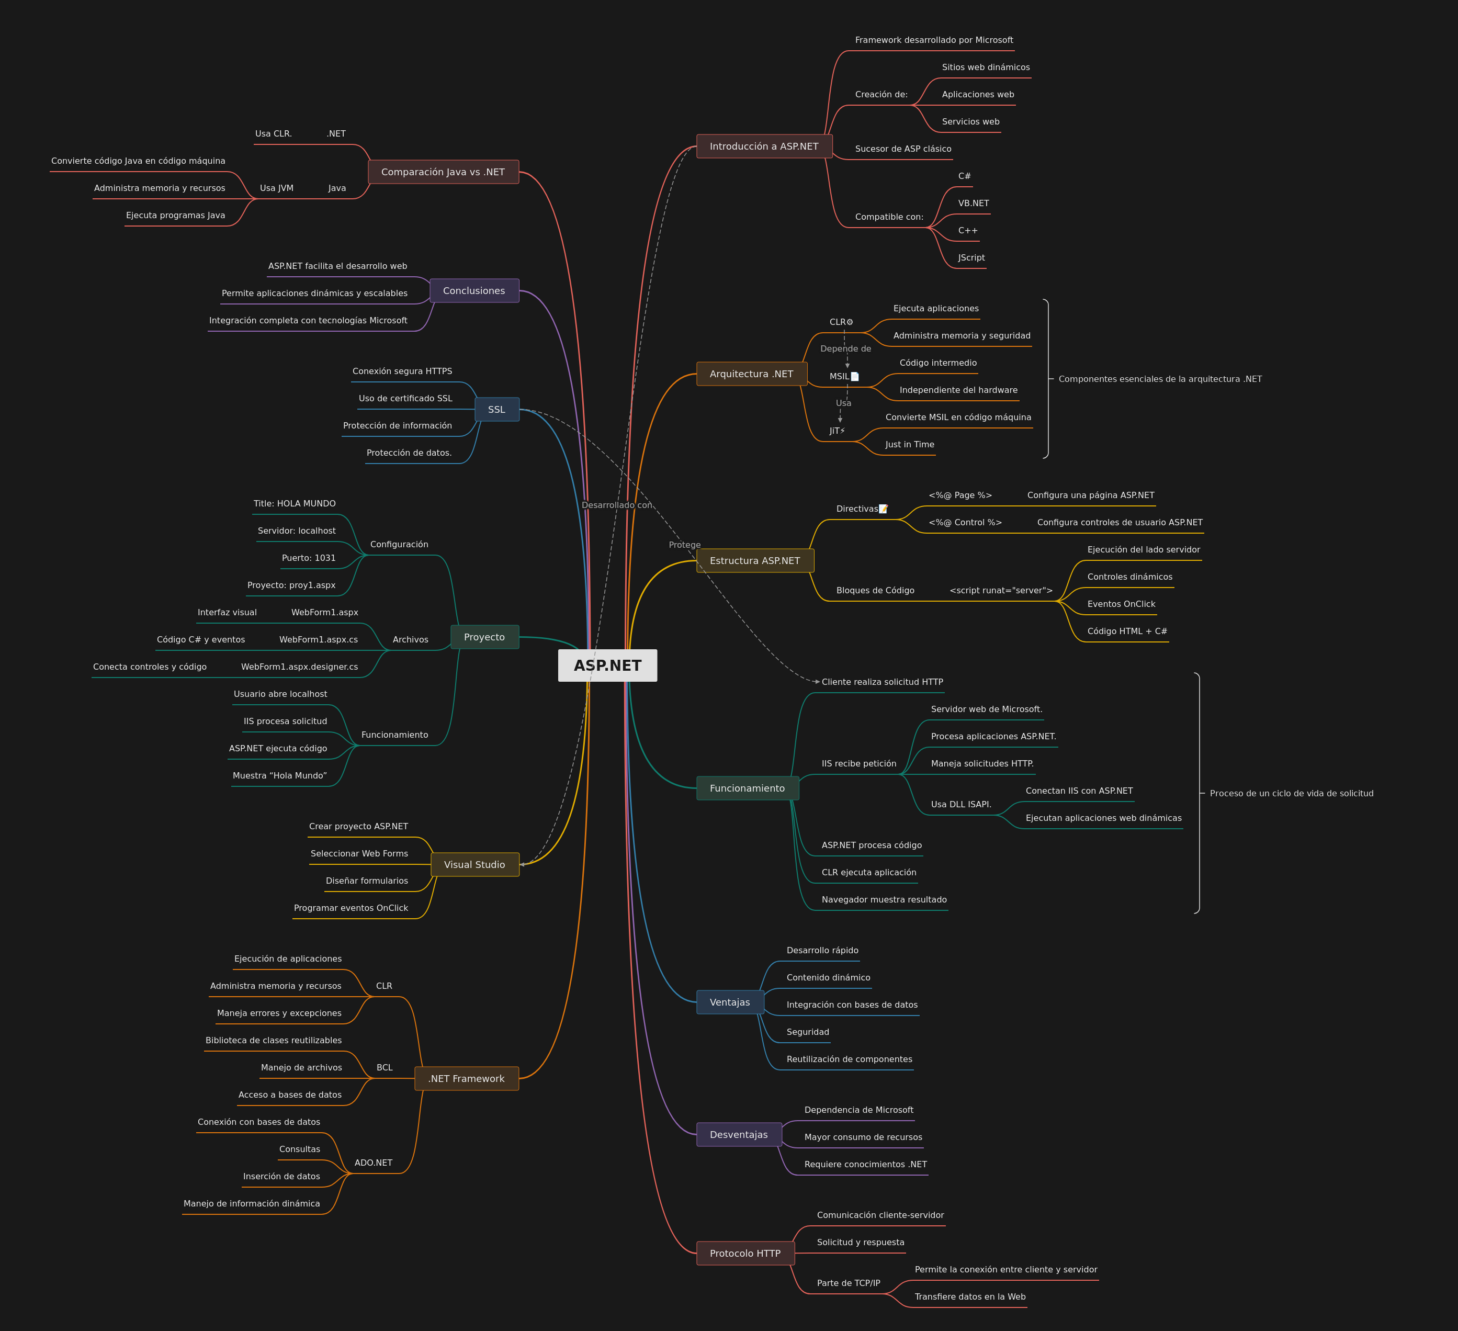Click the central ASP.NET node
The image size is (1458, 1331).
point(607,665)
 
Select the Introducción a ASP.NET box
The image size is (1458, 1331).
point(764,146)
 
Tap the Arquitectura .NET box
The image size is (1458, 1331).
point(751,374)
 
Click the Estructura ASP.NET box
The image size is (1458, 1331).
point(755,561)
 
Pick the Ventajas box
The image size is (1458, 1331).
point(730,1002)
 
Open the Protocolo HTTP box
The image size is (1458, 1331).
point(745,1254)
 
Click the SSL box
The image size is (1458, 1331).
point(497,410)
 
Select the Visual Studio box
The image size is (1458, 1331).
point(475,864)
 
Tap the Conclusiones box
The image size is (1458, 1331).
point(474,291)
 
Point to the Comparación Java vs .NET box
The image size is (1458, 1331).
point(443,172)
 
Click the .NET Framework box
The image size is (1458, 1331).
point(467,1078)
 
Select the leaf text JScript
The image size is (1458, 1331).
point(971,257)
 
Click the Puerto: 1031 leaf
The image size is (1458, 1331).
point(309,558)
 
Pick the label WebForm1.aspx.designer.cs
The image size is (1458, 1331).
point(299,667)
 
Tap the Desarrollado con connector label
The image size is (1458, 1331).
point(617,505)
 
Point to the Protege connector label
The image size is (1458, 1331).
point(685,545)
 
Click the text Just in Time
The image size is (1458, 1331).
point(910,444)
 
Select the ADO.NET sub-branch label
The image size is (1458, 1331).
point(373,1163)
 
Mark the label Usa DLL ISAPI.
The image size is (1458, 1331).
point(961,804)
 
